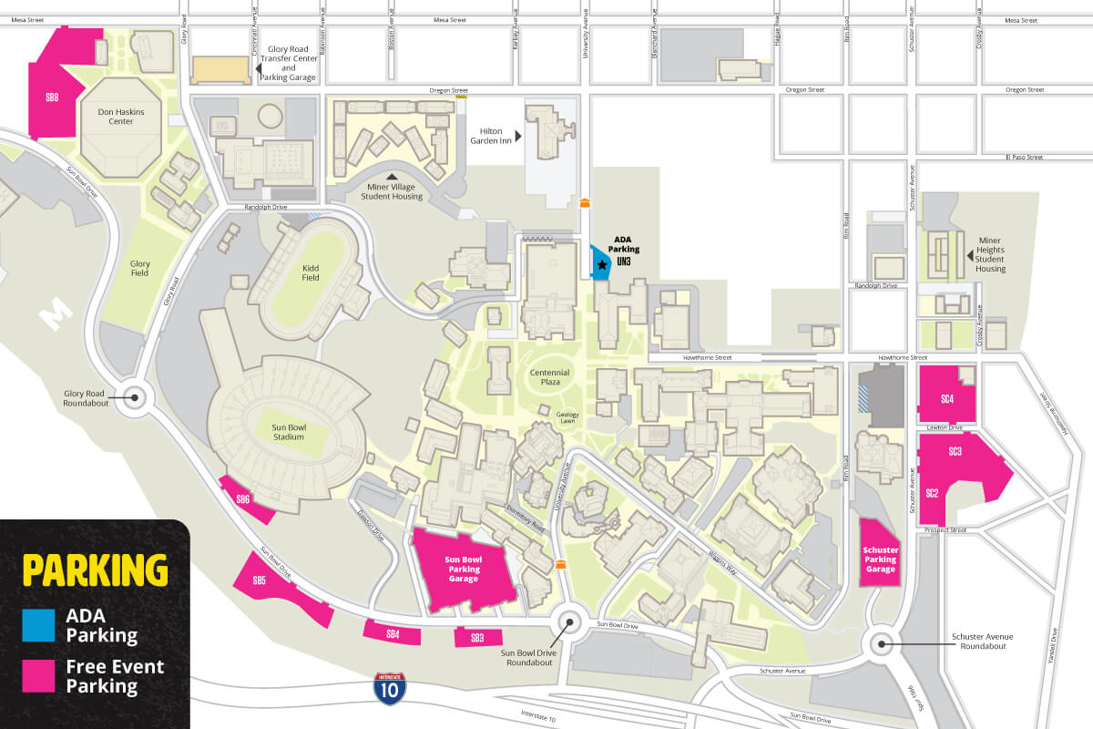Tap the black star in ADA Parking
click(x=602, y=264)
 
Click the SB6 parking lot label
click(x=243, y=498)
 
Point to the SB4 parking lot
click(x=393, y=632)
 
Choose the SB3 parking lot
click(x=477, y=638)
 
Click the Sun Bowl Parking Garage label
click(x=463, y=569)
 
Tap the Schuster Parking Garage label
click(x=880, y=559)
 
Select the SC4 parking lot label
click(x=946, y=398)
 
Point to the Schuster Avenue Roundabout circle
click(x=883, y=643)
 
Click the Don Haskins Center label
click(x=121, y=116)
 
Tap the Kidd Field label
click(x=311, y=272)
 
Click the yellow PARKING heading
click(x=95, y=570)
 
